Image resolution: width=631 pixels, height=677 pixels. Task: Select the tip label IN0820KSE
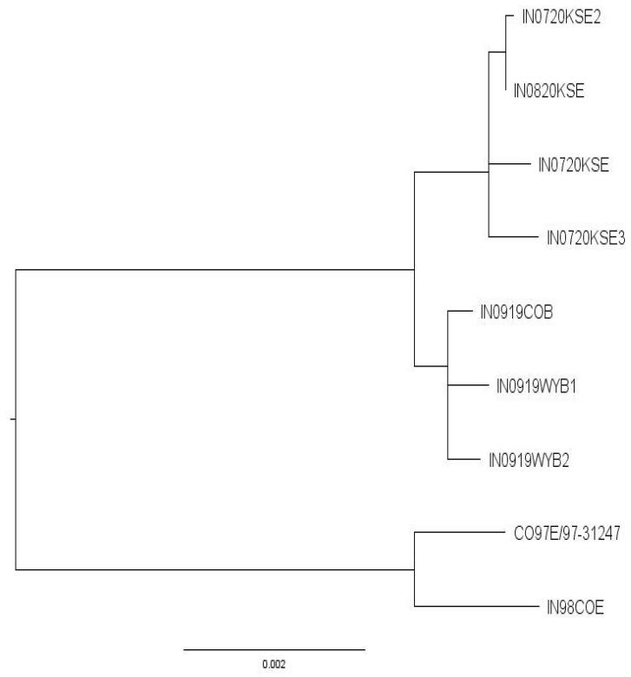[x=550, y=89]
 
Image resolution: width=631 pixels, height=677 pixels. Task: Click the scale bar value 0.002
[x=273, y=664]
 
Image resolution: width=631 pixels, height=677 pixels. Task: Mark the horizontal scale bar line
[x=274, y=648]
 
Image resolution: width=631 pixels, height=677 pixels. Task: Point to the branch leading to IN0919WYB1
[x=465, y=386]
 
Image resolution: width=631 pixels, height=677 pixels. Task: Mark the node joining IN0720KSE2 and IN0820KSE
[x=506, y=52]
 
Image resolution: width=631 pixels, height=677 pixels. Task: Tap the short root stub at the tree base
[x=12, y=420]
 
